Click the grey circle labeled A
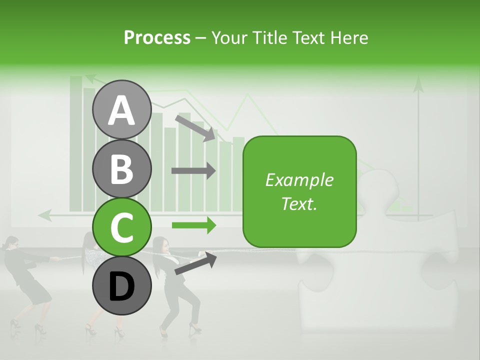pos(121,109)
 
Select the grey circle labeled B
pos(121,168)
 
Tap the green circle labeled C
pos(121,227)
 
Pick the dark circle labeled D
pos(121,285)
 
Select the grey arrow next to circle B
pos(193,170)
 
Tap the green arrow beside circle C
pos(193,225)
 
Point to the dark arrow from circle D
pos(195,263)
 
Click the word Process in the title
pos(157,37)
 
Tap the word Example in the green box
pos(299,180)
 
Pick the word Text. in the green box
pos(299,203)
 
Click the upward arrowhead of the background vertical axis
pos(418,85)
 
